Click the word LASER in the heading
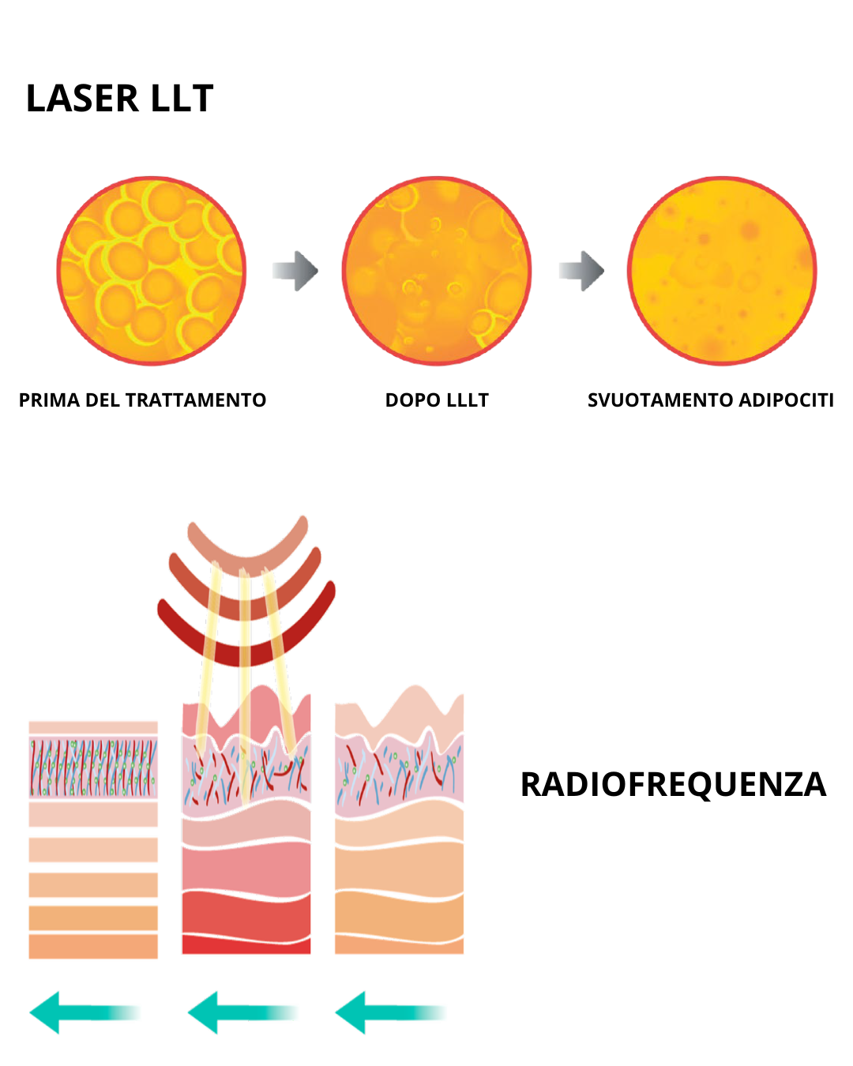(83, 99)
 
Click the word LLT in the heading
(182, 99)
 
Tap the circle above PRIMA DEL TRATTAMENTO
(151, 271)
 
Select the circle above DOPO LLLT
(437, 271)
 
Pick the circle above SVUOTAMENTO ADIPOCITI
(722, 271)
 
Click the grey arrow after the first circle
(295, 271)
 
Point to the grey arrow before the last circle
(581, 271)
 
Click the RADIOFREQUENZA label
(673, 785)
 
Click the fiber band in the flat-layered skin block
(93, 768)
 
